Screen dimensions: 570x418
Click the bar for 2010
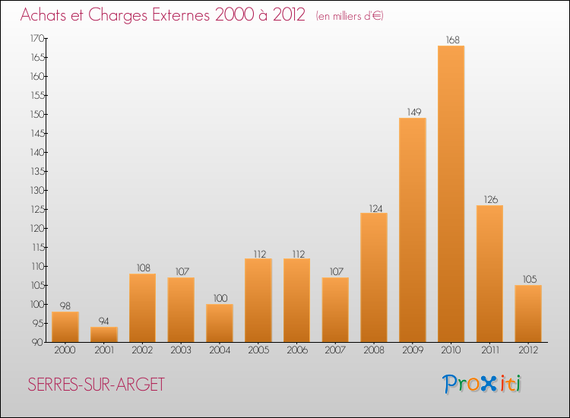tap(451, 194)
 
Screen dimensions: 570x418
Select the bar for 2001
tap(104, 334)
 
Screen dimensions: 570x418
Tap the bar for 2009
tap(413, 230)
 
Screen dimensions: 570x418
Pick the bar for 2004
tap(220, 323)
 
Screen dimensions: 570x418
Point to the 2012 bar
tap(528, 314)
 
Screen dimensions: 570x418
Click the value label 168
tap(453, 40)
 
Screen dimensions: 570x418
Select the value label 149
tap(414, 112)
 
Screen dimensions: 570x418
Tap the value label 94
tap(103, 321)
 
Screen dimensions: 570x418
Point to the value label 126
tap(491, 200)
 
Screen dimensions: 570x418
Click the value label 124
tap(376, 209)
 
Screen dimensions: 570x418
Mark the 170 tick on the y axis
tap(37, 38)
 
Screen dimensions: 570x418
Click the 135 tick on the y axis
tap(37, 171)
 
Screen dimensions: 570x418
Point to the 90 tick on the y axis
tap(37, 342)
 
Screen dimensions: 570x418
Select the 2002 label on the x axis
tap(142, 350)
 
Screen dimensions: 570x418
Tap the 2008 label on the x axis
tap(374, 350)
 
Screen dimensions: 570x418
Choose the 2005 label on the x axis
tap(258, 350)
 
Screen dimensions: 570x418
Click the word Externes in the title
tap(181, 15)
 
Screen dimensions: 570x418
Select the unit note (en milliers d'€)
tap(350, 17)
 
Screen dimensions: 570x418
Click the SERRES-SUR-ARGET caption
tap(97, 385)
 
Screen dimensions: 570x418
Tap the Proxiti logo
tap(482, 384)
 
